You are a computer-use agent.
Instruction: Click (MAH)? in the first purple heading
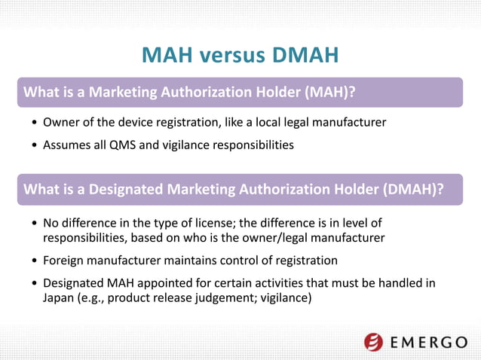(329, 92)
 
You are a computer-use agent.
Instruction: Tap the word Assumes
(69, 144)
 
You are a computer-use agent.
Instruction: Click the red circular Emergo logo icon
(374, 342)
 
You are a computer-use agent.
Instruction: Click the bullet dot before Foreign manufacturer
(35, 261)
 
